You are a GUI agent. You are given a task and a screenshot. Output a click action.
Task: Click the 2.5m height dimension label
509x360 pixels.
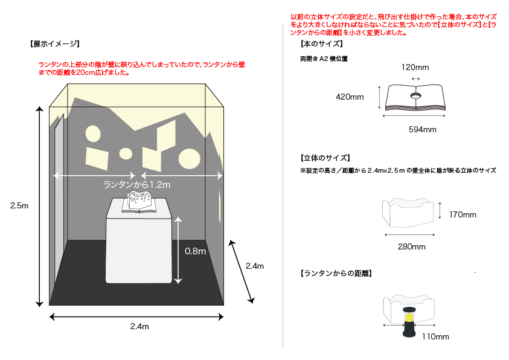click(x=19, y=206)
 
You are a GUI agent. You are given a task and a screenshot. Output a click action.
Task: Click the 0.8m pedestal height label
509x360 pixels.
click(x=194, y=251)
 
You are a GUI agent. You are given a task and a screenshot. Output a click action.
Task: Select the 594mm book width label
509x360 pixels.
click(x=422, y=129)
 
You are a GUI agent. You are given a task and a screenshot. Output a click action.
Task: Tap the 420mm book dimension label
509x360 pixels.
click(x=350, y=97)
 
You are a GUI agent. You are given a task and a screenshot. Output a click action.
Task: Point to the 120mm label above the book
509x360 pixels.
click(x=416, y=68)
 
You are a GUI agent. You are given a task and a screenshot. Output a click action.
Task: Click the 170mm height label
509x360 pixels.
click(x=463, y=214)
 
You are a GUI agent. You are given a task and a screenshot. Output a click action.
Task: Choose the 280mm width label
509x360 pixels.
click(x=411, y=246)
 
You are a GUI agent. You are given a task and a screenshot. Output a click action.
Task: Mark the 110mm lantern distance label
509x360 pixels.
click(x=435, y=336)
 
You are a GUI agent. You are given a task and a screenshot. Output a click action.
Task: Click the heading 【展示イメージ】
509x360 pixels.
click(x=54, y=44)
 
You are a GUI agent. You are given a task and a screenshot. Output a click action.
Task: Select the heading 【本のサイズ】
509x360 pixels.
click(x=321, y=44)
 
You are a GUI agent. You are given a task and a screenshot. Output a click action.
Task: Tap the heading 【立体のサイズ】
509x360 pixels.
click(x=325, y=158)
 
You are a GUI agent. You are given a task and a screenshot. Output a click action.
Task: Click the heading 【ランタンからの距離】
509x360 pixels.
click(x=336, y=274)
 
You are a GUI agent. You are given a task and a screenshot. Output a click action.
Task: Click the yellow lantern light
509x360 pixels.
click(x=409, y=317)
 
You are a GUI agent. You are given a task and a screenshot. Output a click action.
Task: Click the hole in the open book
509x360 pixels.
click(x=416, y=95)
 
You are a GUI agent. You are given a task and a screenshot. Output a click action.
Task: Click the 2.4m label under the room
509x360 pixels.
click(x=139, y=326)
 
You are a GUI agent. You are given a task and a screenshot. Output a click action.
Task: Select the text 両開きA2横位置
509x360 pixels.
click(x=324, y=59)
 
